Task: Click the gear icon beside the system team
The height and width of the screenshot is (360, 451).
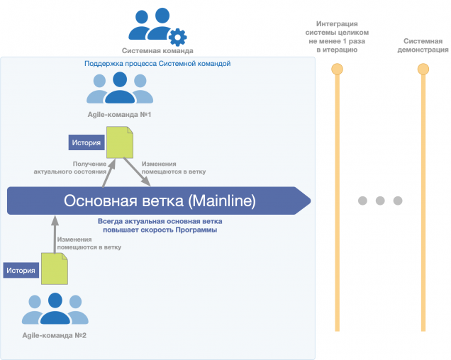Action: (x=177, y=37)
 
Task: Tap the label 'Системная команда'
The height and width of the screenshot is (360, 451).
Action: (x=157, y=51)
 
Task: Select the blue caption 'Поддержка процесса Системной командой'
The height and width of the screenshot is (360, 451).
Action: (x=157, y=64)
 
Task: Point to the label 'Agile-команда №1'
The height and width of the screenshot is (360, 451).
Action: (x=119, y=114)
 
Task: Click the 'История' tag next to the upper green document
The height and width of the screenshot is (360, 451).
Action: (x=87, y=142)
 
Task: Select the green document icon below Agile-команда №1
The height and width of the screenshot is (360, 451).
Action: (x=120, y=142)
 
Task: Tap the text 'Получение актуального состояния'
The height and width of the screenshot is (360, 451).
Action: (x=70, y=168)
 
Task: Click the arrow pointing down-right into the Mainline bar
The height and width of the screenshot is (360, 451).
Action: (x=137, y=171)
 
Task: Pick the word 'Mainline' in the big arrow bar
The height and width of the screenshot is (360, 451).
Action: (x=222, y=201)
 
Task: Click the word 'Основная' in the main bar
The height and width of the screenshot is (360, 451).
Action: (x=101, y=201)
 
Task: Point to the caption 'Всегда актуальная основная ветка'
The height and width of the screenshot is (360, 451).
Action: (x=160, y=221)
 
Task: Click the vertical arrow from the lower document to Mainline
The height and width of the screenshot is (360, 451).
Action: (x=55, y=235)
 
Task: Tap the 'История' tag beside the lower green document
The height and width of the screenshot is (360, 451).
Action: (x=21, y=270)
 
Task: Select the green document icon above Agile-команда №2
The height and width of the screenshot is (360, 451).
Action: (x=55, y=269)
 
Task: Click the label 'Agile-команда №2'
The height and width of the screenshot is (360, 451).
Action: (x=55, y=335)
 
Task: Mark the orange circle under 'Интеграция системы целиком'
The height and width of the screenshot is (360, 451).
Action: (x=337, y=69)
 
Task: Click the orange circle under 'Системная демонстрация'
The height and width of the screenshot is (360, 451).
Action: (x=423, y=69)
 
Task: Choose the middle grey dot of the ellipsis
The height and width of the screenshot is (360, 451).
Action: (x=380, y=201)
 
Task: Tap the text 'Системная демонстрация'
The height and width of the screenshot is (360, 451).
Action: (x=423, y=45)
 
